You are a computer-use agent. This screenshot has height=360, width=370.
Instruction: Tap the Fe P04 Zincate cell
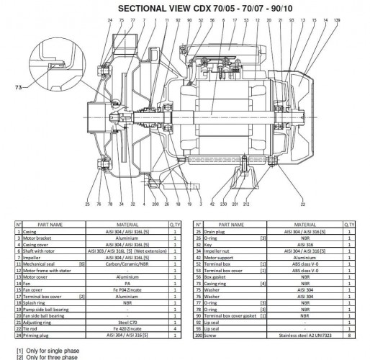135,290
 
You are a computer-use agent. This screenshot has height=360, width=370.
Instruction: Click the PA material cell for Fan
135,284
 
